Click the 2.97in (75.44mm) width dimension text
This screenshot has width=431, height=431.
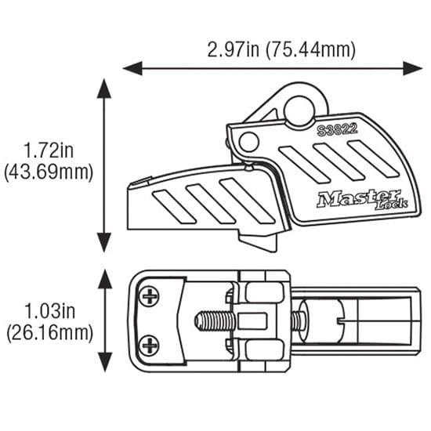point(281,49)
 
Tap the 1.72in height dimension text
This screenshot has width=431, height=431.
point(49,150)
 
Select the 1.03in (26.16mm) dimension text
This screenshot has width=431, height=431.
point(49,322)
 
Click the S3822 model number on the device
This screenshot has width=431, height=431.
point(337,130)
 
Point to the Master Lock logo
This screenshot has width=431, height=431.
point(362,199)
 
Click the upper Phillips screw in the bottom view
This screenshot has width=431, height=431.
point(149,296)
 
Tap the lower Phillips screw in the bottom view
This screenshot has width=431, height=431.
point(149,346)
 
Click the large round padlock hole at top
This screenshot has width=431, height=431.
point(299,110)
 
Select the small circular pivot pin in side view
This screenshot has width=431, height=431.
point(249,142)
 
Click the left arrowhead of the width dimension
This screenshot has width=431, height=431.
point(132,68)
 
